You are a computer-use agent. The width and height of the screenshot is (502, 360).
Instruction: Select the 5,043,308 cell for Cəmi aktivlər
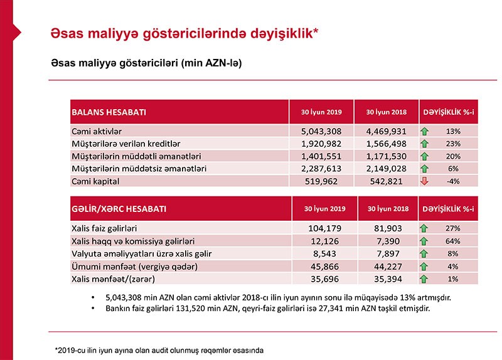pyautogui.click(x=321, y=132)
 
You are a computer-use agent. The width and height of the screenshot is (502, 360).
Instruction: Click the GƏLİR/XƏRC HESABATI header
pyautogui.click(x=120, y=208)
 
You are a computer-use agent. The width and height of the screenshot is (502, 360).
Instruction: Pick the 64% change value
pyautogui.click(x=453, y=241)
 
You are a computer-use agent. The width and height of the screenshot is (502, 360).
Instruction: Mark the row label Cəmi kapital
pyautogui.click(x=96, y=181)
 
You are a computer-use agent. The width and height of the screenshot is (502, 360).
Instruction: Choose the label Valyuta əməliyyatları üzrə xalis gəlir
pyautogui.click(x=142, y=253)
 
